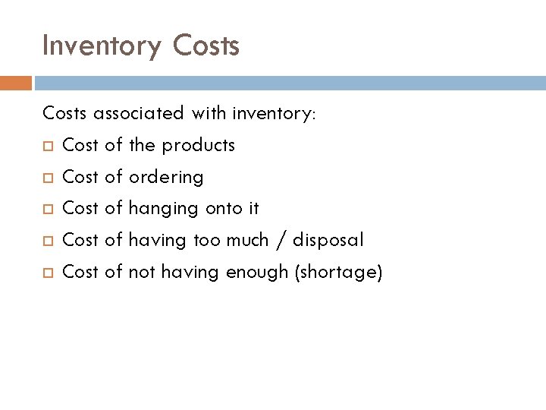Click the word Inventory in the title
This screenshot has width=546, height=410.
102,47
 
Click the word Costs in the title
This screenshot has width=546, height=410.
206,46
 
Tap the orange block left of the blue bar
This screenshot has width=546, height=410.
16,81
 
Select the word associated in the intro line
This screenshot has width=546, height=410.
139,113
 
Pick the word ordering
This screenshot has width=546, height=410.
166,178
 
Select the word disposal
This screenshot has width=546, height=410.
328,241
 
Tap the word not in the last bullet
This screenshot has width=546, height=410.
140,273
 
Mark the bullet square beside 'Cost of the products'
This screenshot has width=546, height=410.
48,146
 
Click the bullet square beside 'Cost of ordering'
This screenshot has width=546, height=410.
48,178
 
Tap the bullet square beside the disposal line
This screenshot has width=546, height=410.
48,241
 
